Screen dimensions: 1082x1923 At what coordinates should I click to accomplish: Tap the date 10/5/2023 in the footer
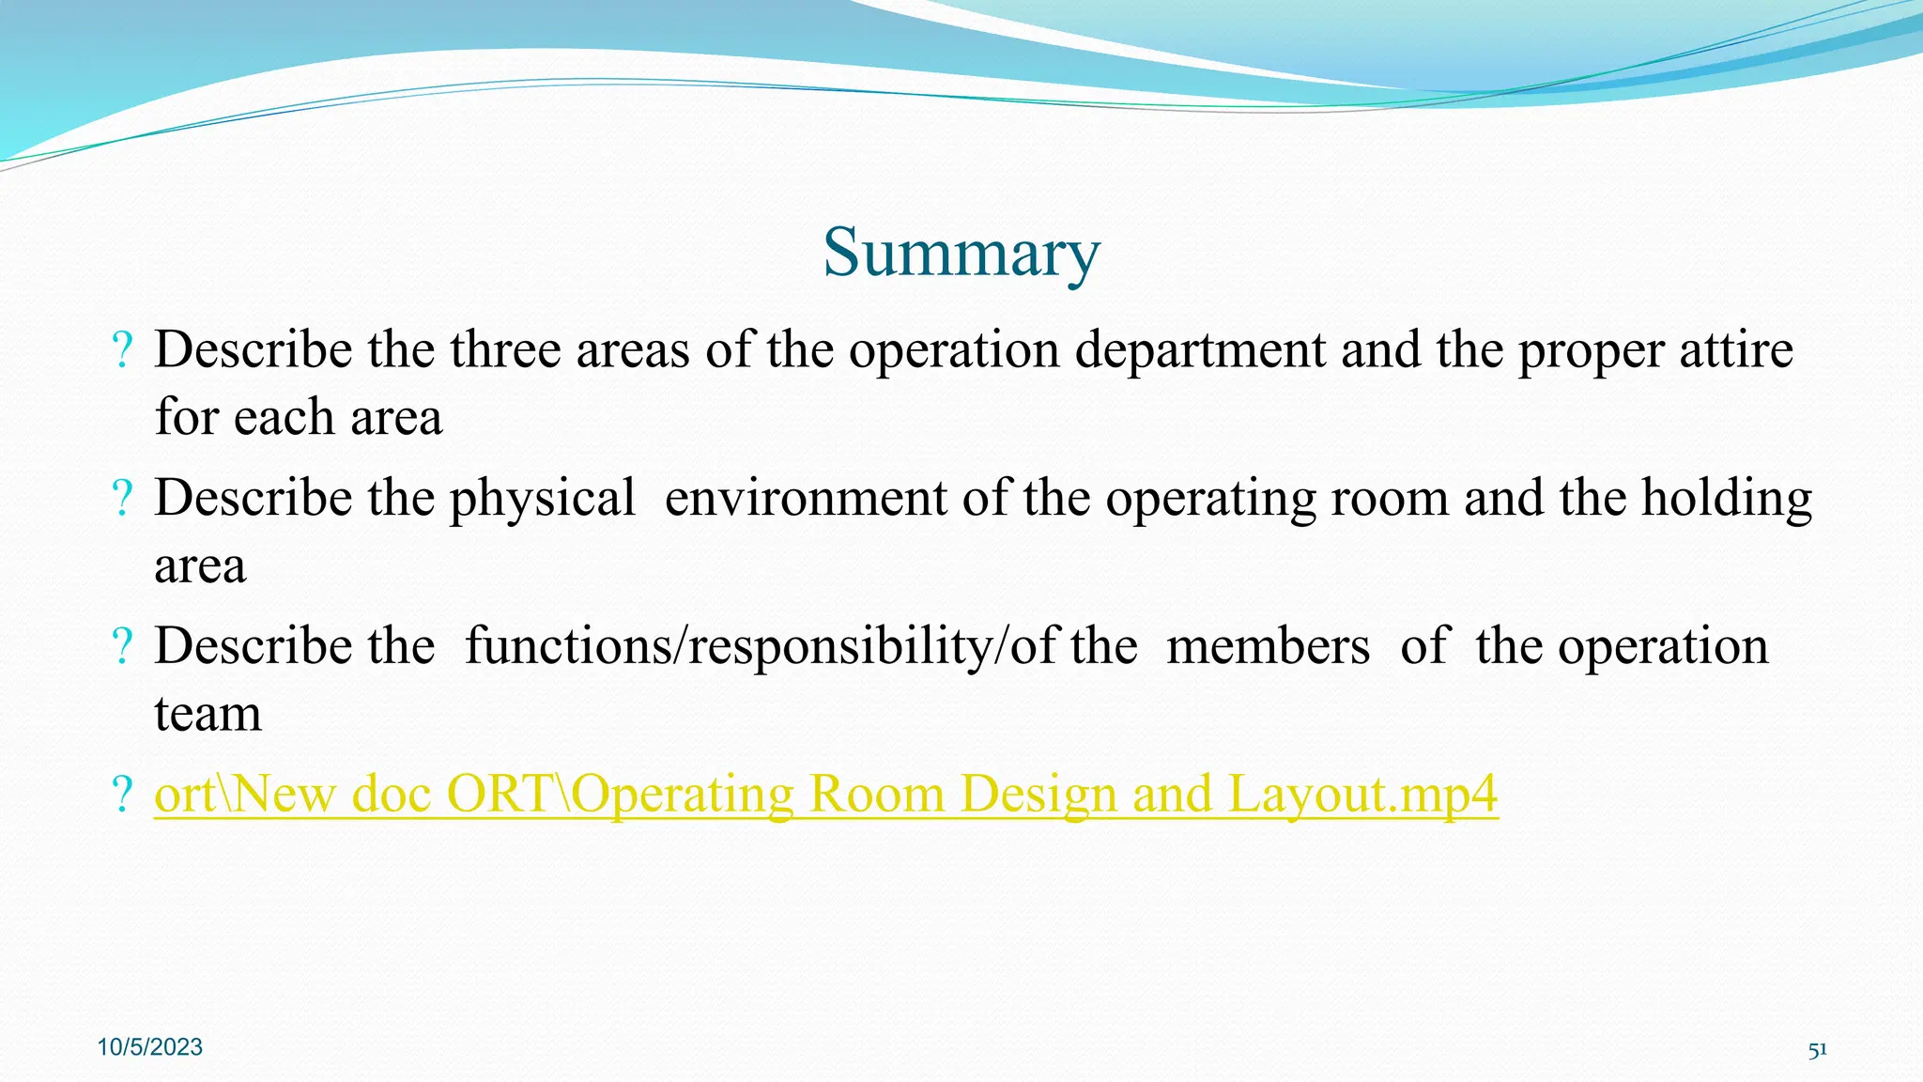(150, 1047)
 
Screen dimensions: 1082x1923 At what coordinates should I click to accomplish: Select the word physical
(542, 499)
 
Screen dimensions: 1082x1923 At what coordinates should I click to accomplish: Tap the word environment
(806, 499)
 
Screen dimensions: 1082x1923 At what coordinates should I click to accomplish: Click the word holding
(1726, 499)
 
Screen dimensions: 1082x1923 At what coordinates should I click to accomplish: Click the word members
(1268, 647)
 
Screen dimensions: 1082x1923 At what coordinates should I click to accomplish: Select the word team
(208, 714)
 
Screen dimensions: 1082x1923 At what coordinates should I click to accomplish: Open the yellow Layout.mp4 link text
(1361, 795)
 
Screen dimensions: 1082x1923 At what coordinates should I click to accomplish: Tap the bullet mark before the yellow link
(122, 795)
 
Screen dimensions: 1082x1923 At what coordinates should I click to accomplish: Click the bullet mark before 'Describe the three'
(122, 350)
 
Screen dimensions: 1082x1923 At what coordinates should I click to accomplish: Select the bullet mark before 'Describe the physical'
(122, 499)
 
